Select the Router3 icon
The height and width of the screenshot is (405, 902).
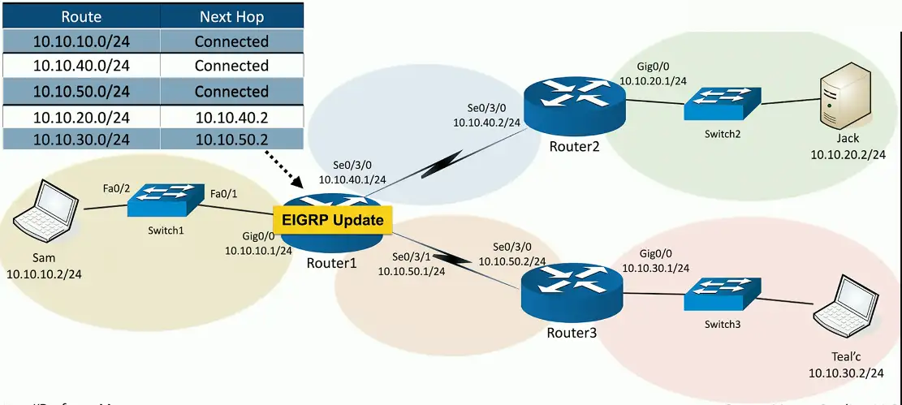tap(572, 291)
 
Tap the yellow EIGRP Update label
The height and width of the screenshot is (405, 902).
tap(333, 219)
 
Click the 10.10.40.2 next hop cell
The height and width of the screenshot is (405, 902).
tap(231, 117)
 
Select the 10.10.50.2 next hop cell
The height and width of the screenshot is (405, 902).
tap(231, 140)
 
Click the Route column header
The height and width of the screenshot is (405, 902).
tap(81, 16)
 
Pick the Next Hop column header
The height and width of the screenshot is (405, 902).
tap(231, 16)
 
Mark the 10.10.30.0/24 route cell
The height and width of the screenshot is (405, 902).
tap(81, 140)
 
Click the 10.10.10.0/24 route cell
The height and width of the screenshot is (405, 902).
tap(81, 41)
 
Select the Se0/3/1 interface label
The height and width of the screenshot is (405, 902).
tap(412, 256)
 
